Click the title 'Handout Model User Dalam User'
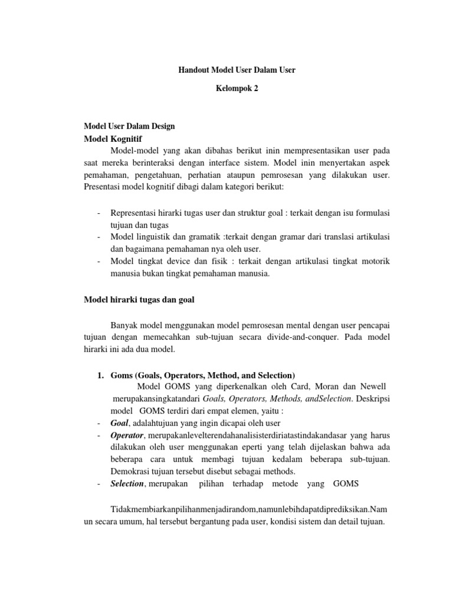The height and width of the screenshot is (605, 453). [237, 70]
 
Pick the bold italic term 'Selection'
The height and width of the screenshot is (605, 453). [127, 483]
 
